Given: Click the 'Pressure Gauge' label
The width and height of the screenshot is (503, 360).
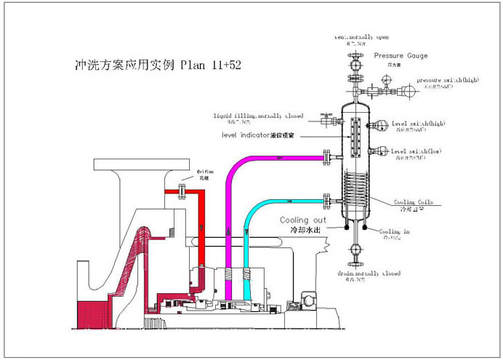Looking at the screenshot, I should (x=401, y=56).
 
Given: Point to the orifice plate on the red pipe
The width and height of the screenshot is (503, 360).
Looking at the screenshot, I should (x=182, y=191).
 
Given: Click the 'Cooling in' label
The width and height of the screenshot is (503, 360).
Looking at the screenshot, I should (x=395, y=231).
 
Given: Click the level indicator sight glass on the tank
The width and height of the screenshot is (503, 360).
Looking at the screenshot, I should (x=355, y=135).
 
